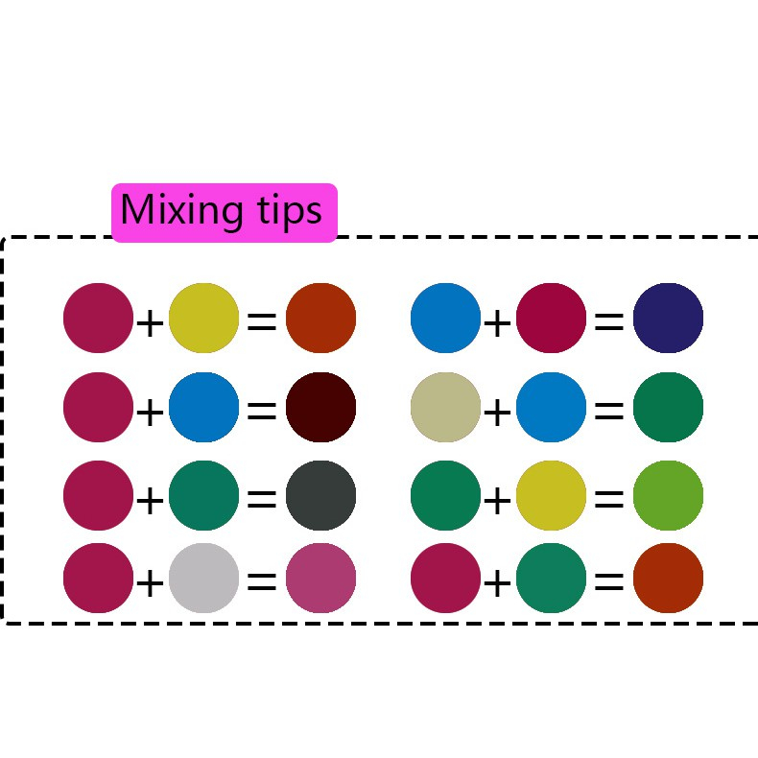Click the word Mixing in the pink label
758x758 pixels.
click(x=178, y=210)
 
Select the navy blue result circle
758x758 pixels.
click(x=668, y=318)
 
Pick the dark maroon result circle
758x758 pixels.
click(x=320, y=407)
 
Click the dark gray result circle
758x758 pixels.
click(x=320, y=495)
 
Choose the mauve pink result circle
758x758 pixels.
click(x=320, y=578)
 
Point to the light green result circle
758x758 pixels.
click(x=668, y=495)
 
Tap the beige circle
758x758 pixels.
click(x=445, y=407)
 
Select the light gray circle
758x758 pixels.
click(x=203, y=578)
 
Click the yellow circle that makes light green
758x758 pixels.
click(x=551, y=495)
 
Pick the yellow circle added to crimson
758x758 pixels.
click(x=203, y=318)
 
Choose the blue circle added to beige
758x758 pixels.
click(x=551, y=407)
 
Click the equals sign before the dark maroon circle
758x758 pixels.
click(x=262, y=412)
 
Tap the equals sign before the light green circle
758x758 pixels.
click(x=609, y=500)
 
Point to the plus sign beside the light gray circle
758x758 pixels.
click(x=150, y=582)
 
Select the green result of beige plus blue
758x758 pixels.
click(x=668, y=407)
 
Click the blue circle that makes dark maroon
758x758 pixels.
click(x=203, y=407)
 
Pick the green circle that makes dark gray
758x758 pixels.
click(x=203, y=495)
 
